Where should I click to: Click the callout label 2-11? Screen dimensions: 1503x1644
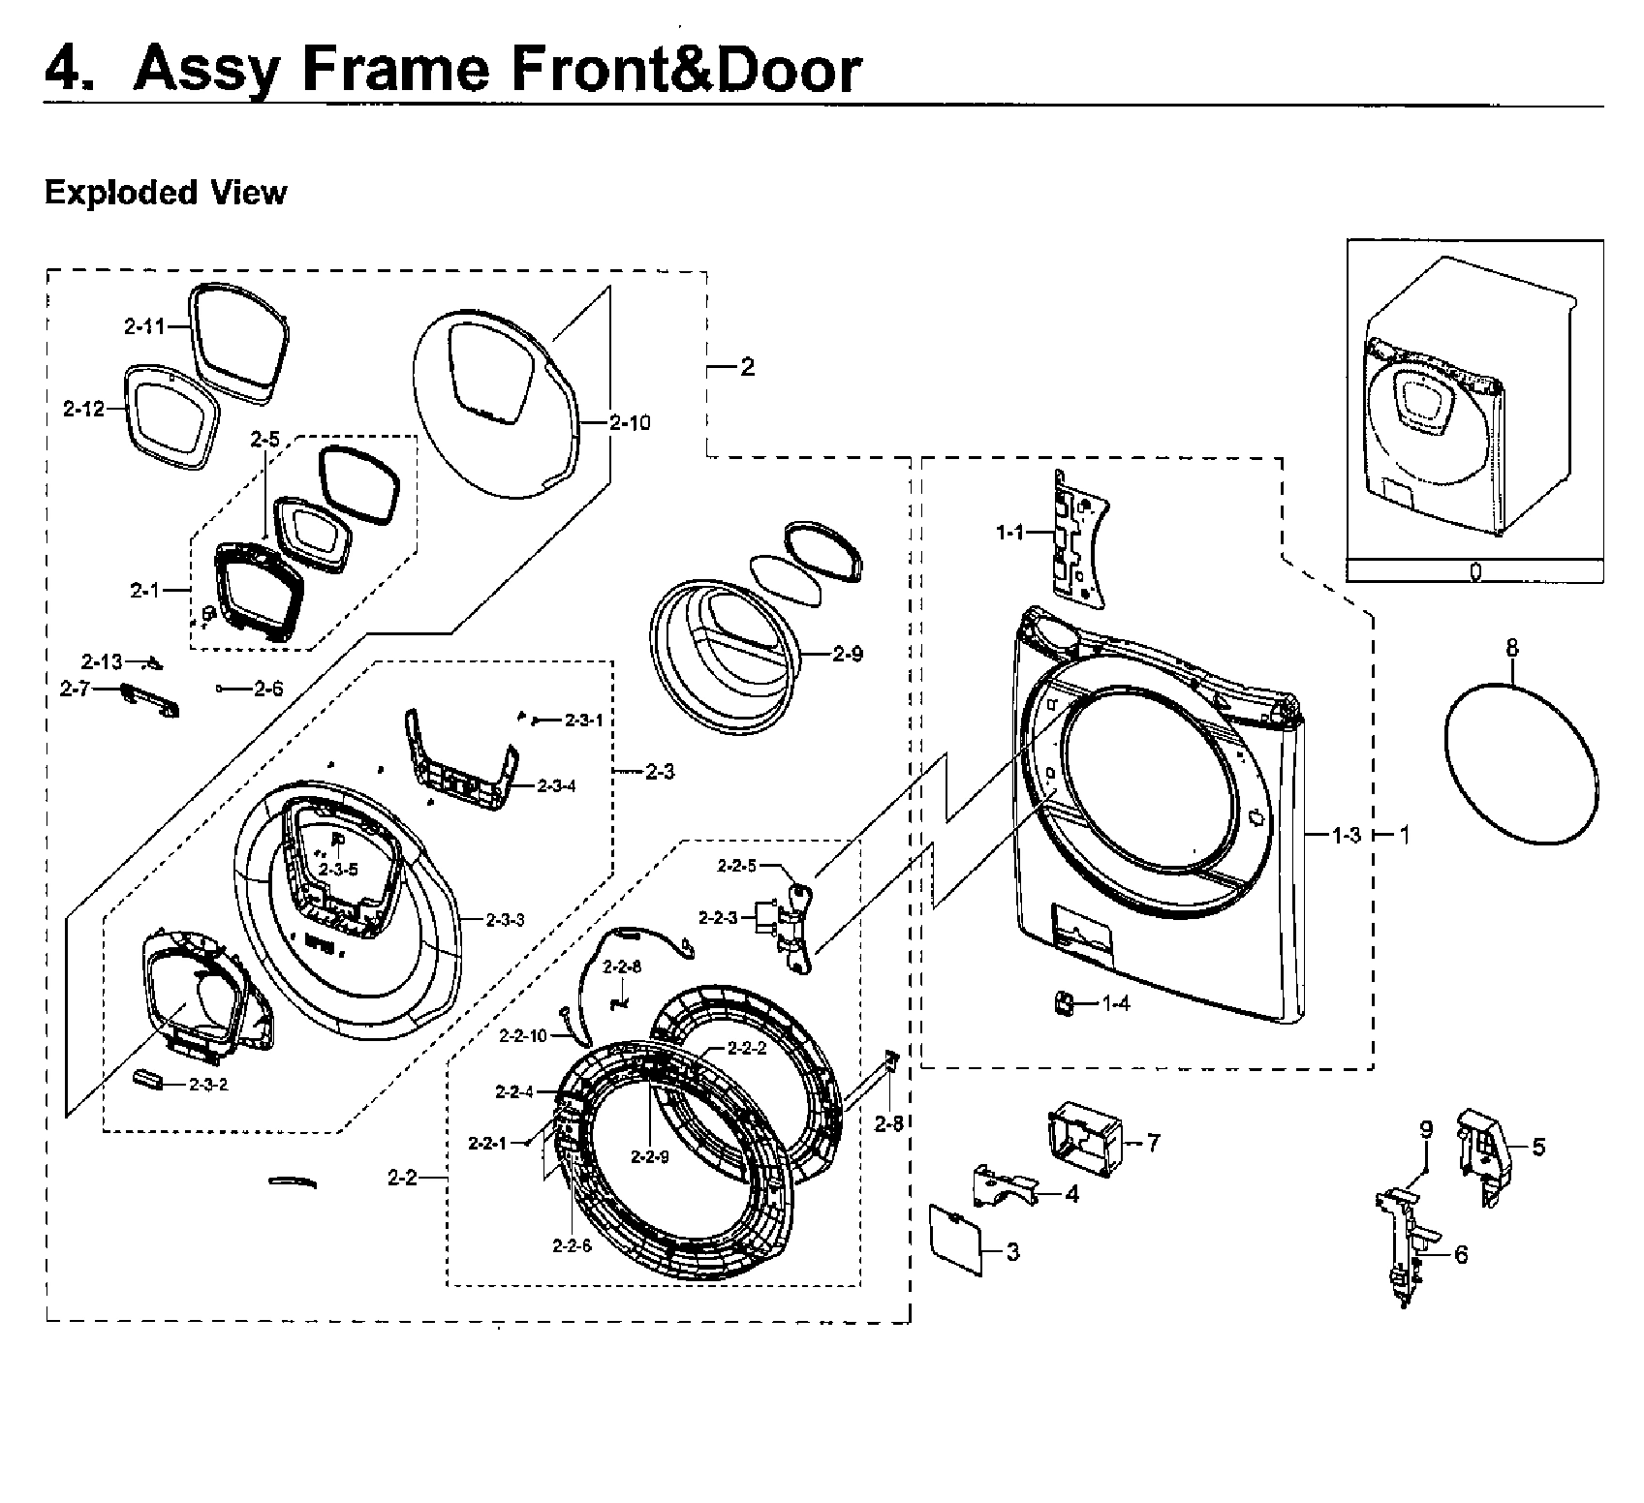pyautogui.click(x=143, y=327)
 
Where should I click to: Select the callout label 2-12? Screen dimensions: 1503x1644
pyautogui.click(x=83, y=410)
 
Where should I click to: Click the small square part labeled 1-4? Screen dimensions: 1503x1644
pyautogui.click(x=1062, y=1003)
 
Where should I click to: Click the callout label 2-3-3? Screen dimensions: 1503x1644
pyautogui.click(x=504, y=920)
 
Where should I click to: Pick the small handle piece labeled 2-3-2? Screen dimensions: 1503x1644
pyautogui.click(x=150, y=1081)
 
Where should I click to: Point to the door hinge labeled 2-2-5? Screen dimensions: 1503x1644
pyautogui.click(x=801, y=917)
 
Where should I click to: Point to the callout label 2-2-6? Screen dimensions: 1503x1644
pyautogui.click(x=571, y=1246)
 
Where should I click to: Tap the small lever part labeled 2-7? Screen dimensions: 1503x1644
pyautogui.click(x=152, y=699)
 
